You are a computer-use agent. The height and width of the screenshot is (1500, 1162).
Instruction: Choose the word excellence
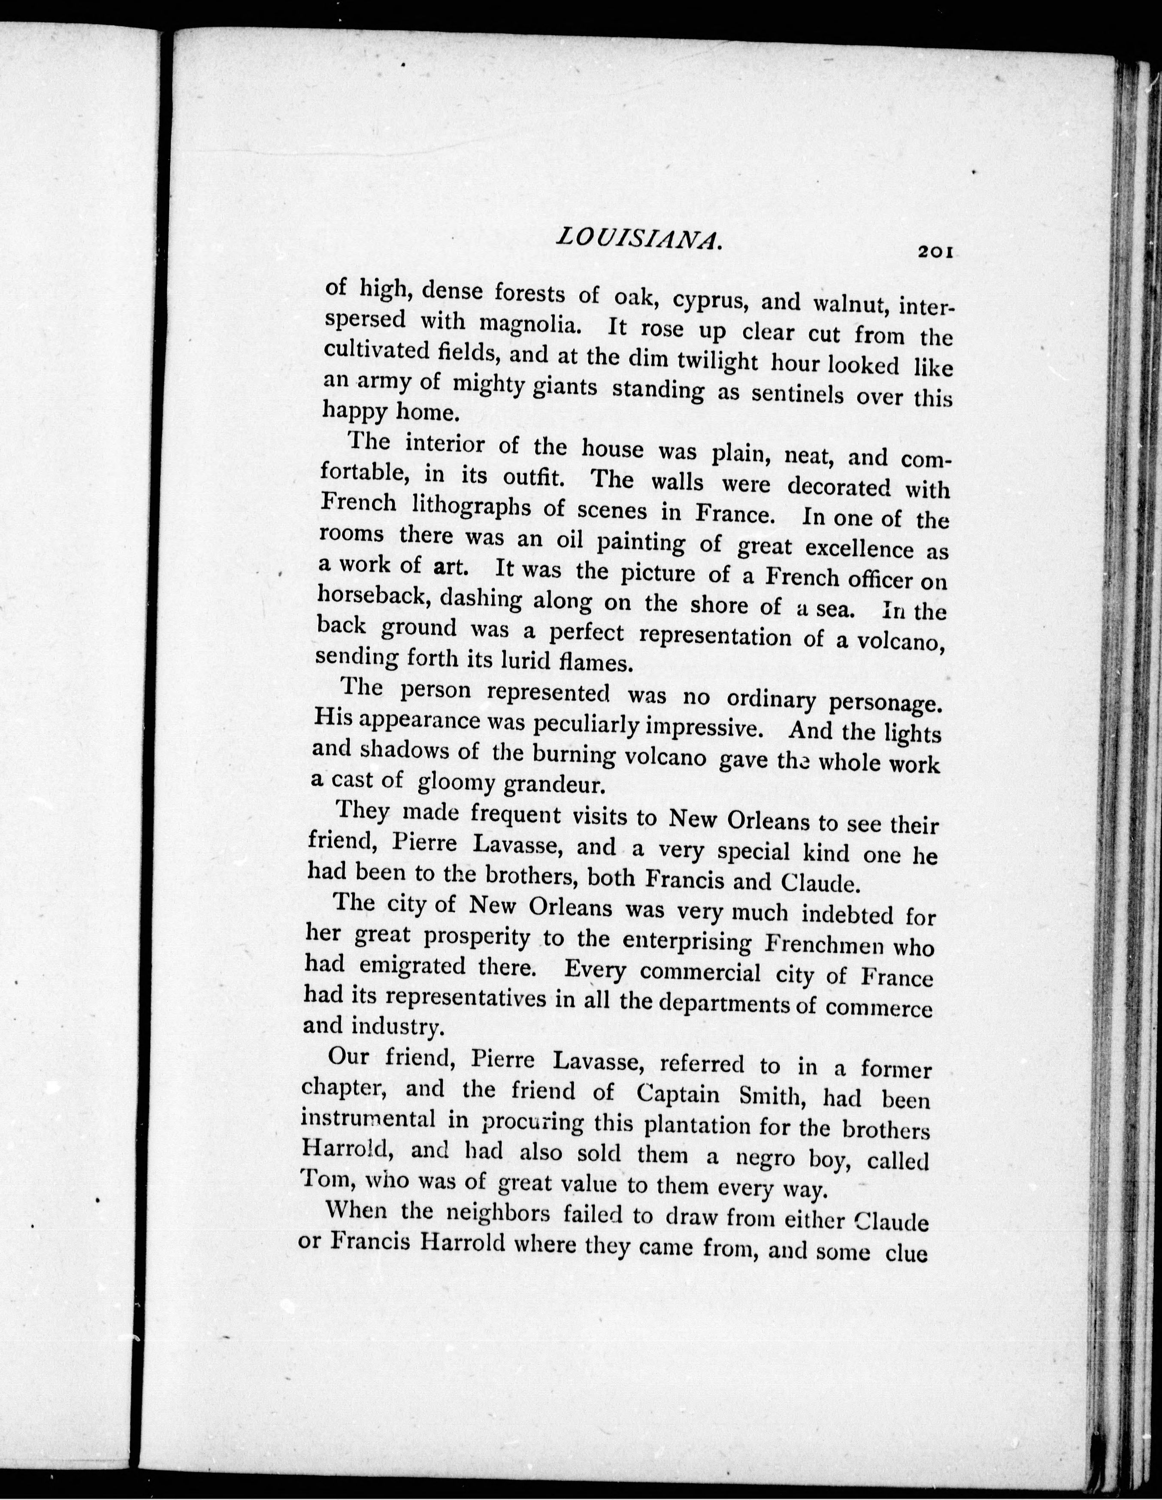859,547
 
